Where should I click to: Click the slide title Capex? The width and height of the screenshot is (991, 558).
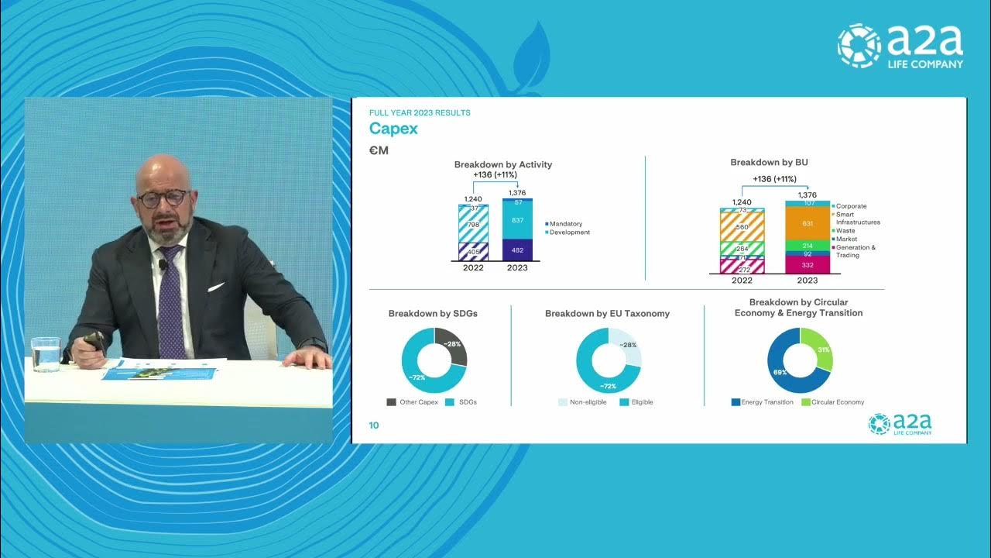[x=393, y=129]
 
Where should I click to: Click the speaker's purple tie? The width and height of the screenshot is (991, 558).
[x=170, y=302]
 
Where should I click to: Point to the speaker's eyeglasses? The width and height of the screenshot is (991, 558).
[x=163, y=198]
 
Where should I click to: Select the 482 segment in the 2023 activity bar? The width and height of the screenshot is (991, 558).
[x=517, y=250]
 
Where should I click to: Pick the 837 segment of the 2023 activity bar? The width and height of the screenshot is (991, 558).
[x=517, y=221]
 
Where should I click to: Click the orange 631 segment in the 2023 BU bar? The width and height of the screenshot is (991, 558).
[x=808, y=223]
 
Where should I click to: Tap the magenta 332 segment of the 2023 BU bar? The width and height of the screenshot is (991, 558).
[x=808, y=265]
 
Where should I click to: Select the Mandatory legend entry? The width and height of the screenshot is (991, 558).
[x=565, y=224]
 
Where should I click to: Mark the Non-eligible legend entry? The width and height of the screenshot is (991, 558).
[x=582, y=402]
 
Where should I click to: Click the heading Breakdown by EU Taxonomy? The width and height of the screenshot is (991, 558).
[x=607, y=314]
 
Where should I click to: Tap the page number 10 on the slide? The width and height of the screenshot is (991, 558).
[x=374, y=425]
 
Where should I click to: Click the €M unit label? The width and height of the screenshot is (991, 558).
[x=379, y=150]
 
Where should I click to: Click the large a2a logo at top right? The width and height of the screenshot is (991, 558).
[x=900, y=46]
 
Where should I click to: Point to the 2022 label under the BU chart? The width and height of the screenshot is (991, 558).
[x=742, y=281]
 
